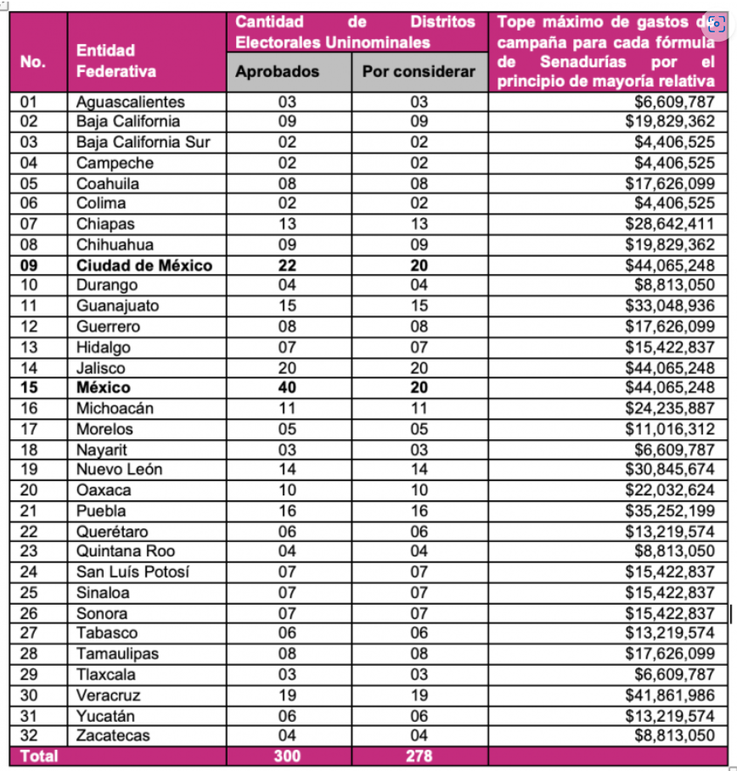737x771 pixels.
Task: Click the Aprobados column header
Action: point(277,72)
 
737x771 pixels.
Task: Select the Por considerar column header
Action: point(419,72)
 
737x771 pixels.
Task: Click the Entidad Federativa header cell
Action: point(105,61)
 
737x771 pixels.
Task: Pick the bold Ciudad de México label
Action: point(144,265)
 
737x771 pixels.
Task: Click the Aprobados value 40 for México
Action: point(287,388)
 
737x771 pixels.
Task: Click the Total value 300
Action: point(287,756)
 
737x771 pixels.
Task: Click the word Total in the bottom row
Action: point(39,756)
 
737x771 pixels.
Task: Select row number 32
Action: point(30,736)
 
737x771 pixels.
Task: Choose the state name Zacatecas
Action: point(113,736)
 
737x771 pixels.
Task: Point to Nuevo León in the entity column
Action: point(119,469)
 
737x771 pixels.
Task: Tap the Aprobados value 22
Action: point(287,265)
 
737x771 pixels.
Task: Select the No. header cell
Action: point(33,61)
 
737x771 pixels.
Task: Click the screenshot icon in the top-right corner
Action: point(717,23)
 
